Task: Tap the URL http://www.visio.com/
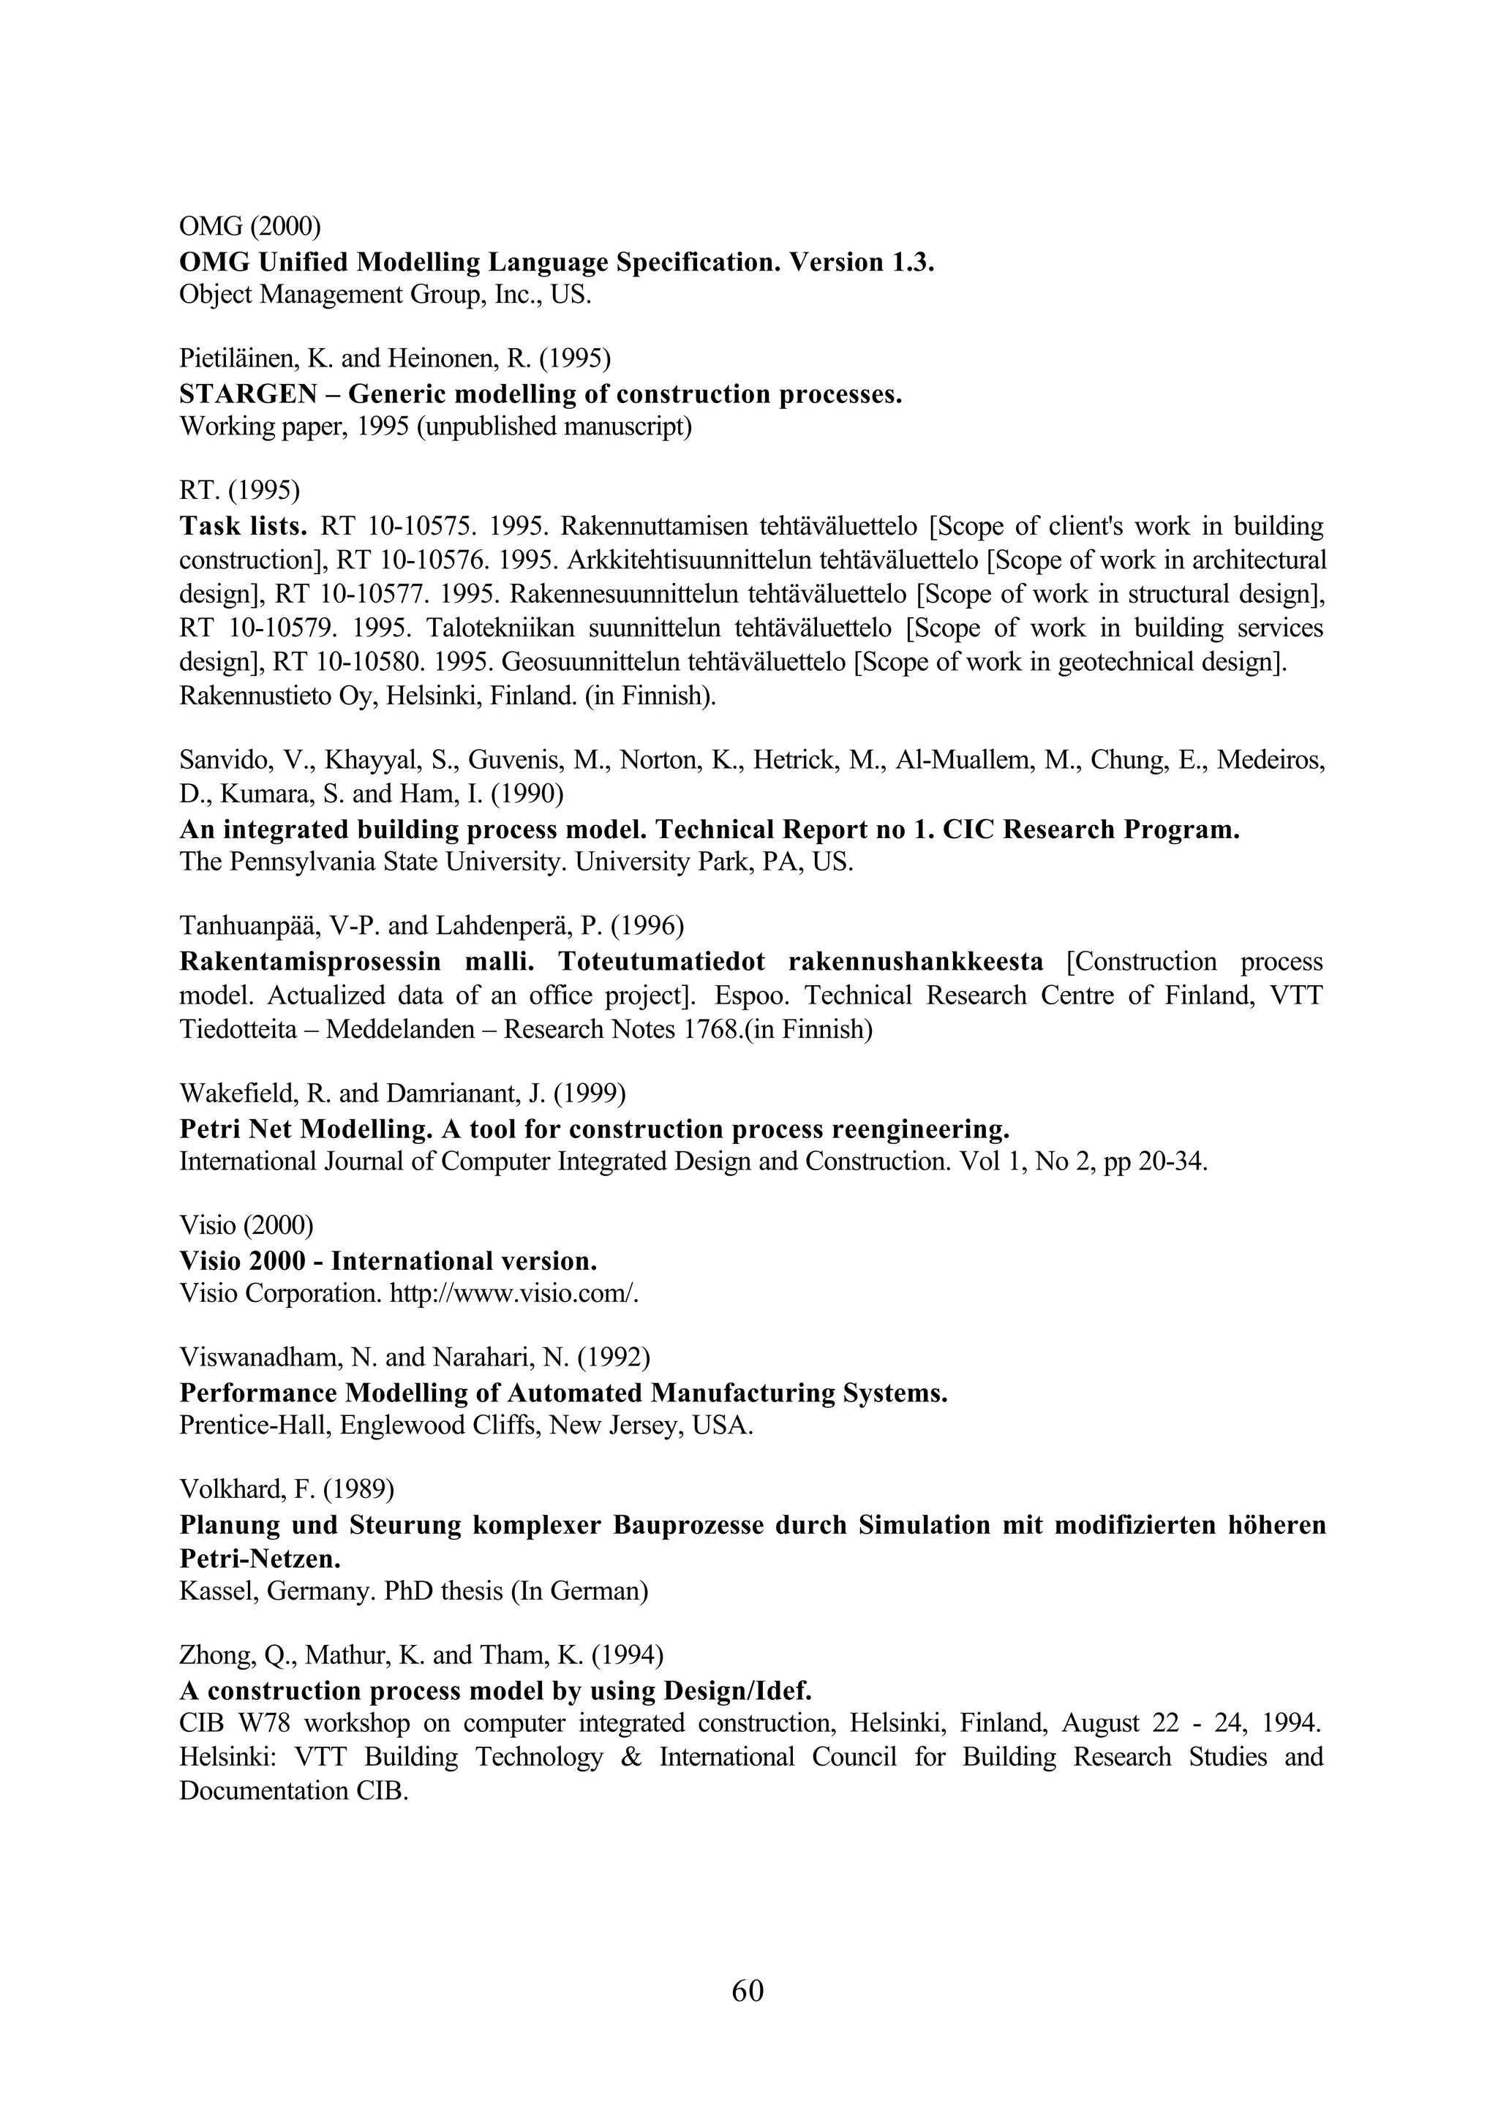[513, 1293]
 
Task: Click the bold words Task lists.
[243, 527]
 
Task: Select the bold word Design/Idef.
[735, 1691]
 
